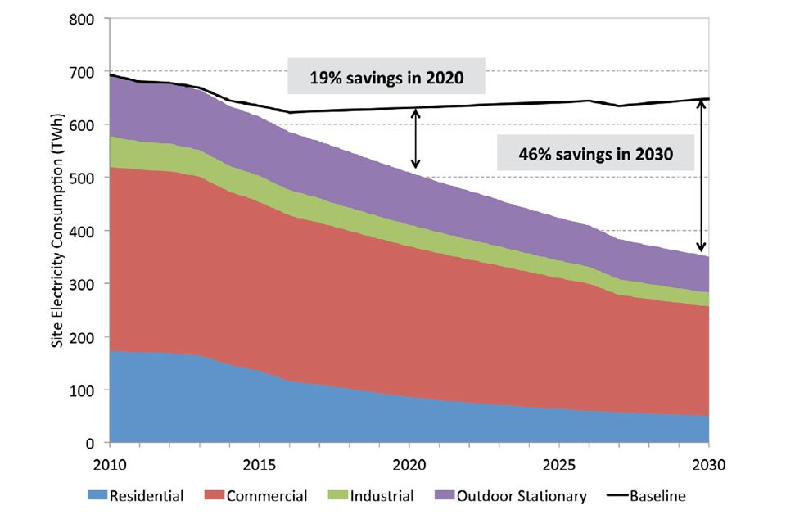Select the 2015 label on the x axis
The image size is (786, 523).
point(259,463)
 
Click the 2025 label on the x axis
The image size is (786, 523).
point(559,463)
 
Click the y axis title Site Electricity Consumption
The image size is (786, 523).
point(58,231)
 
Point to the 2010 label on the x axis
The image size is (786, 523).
point(109,463)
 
